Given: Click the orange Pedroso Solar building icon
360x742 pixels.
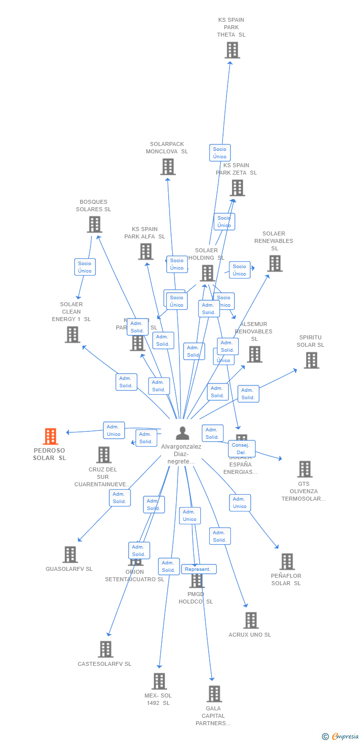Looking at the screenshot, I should click(50, 436).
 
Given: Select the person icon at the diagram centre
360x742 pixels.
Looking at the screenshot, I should click(182, 433).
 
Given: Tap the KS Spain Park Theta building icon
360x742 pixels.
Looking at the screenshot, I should click(232, 50).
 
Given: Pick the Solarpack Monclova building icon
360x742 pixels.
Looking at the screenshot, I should click(168, 167).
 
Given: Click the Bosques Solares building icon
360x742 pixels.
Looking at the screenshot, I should click(94, 224).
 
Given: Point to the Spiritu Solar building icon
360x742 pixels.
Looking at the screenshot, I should click(311, 360).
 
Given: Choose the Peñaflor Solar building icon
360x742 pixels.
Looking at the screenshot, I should click(287, 561).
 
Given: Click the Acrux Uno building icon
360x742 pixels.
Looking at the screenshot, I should click(251, 620).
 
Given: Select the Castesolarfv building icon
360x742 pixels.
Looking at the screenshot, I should click(105, 649).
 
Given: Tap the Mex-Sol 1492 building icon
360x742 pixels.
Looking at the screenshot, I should click(159, 681).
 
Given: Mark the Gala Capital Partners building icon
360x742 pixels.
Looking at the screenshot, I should click(214, 694).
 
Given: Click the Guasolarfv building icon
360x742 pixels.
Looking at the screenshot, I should click(70, 555).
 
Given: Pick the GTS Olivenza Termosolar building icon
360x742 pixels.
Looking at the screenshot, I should click(305, 469).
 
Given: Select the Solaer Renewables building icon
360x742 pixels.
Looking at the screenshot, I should click(274, 263).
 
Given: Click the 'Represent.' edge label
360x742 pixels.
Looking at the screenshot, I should click(198, 569).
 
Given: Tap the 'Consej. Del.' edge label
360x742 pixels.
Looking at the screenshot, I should click(242, 449).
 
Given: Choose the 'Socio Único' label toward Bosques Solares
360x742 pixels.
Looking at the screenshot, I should click(85, 267).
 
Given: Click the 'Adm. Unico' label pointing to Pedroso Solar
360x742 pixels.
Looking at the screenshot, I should click(114, 430).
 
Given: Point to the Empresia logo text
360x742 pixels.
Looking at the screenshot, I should click(345, 737).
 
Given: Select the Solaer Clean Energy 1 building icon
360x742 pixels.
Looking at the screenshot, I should click(72, 335).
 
